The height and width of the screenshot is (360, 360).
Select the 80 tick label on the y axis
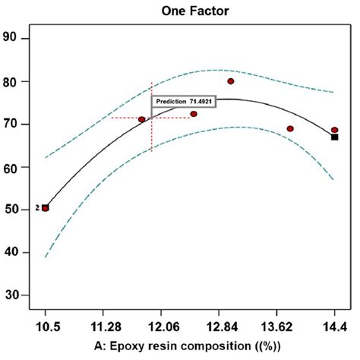click(14, 81)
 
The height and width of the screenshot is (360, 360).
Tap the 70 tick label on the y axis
click(14, 124)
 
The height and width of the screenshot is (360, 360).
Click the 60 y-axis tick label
click(14, 167)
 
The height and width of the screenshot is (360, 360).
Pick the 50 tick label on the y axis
click(14, 210)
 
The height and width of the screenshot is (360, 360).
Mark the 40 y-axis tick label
click(14, 252)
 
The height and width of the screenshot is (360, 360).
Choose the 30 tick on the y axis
click(14, 295)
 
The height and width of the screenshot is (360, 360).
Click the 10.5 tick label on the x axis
click(46, 327)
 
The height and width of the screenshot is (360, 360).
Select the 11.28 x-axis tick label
click(103, 327)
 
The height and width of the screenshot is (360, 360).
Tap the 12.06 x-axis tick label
click(161, 327)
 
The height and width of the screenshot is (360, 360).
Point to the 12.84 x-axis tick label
click(219, 327)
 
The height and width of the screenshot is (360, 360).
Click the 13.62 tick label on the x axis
click(276, 327)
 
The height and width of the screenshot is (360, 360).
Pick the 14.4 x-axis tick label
click(334, 327)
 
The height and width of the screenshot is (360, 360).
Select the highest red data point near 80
click(231, 81)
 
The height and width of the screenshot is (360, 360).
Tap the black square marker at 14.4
click(334, 137)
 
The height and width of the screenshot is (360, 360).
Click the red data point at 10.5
click(46, 208)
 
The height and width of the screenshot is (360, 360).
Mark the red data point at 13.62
click(290, 128)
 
